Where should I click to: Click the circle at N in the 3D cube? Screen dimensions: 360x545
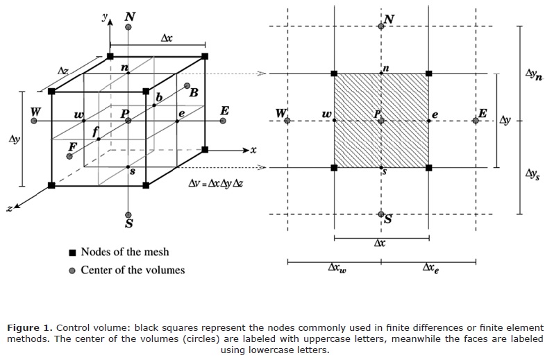point(129,27)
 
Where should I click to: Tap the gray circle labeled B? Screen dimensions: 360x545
point(187,87)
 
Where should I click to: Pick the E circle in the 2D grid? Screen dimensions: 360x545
point(476,121)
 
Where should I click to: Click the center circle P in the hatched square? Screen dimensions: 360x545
point(381,121)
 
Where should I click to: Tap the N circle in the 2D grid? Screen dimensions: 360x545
point(381,27)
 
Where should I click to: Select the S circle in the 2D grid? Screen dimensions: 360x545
point(381,215)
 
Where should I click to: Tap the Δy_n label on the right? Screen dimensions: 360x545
point(533,72)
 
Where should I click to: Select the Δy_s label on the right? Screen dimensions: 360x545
point(533,171)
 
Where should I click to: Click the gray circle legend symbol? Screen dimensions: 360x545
point(72,270)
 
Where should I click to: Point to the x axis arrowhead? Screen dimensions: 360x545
point(246,150)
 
